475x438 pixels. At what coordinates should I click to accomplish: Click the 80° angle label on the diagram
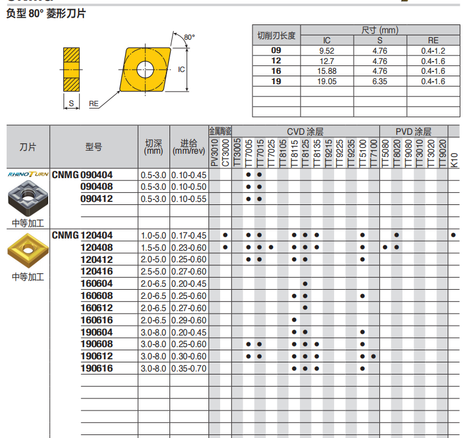coord(189,38)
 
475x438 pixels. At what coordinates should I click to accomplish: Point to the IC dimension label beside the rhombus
coord(181,70)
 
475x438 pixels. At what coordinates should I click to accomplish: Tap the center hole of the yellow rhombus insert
coord(146,69)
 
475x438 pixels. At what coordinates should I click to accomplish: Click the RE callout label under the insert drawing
coord(94,104)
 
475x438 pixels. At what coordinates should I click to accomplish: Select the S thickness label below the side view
coord(71,104)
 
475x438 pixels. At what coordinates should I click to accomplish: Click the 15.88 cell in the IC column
coord(327,71)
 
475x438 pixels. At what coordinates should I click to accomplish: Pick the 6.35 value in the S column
coord(380,81)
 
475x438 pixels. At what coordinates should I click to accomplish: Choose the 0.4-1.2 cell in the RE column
coord(433,51)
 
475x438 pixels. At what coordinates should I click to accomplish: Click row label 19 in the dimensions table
coord(276,81)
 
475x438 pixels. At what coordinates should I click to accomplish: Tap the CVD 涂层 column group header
coord(305,131)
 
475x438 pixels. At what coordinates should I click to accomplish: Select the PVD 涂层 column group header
coord(413,131)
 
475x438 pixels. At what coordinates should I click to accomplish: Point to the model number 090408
coord(97,187)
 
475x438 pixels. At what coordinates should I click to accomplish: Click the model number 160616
coord(97,320)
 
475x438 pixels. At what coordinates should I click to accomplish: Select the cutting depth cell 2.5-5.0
coord(153,271)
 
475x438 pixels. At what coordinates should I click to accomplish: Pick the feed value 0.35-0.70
coord(189,368)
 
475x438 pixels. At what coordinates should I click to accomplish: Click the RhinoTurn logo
coord(28,174)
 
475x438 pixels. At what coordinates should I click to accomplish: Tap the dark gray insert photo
coord(27,199)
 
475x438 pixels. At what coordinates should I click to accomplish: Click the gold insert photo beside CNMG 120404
coord(26,250)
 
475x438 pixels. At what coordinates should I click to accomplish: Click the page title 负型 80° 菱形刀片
coord(46,13)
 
